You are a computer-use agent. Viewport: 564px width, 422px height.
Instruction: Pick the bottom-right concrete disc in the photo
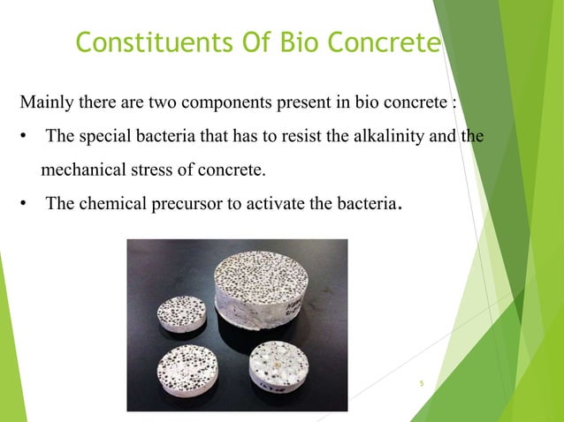tap(277, 365)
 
